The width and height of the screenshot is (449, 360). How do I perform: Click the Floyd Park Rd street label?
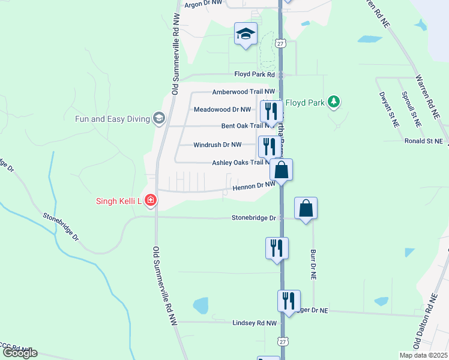(x=254, y=75)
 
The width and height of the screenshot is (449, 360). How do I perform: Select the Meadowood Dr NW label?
(x=222, y=110)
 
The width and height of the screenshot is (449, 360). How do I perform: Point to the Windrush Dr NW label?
(x=217, y=145)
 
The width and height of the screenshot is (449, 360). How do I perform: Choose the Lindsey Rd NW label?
(x=255, y=323)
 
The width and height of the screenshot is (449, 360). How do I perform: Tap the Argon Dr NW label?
(x=205, y=5)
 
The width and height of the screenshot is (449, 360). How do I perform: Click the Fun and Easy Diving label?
(x=112, y=119)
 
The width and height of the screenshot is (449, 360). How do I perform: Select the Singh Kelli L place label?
(x=118, y=201)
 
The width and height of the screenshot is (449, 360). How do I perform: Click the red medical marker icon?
(x=150, y=200)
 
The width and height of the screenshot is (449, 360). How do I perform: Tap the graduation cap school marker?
(x=246, y=34)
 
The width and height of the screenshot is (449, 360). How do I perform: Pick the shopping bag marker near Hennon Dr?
(x=281, y=170)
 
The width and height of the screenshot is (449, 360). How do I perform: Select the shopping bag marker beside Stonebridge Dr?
(x=306, y=209)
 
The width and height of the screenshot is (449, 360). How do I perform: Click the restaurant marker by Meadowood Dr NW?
(x=271, y=112)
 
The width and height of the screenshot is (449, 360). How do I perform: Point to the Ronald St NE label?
(x=423, y=141)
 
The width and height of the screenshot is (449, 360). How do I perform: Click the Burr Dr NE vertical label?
(x=313, y=264)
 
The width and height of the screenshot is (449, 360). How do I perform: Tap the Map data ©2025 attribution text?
(x=423, y=355)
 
